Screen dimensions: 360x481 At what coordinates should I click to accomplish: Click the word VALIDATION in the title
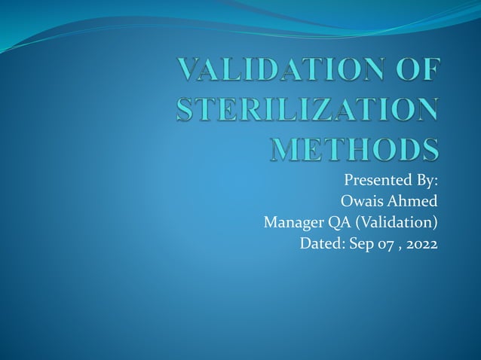pos(281,71)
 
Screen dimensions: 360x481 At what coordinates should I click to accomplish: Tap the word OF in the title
pos(415,71)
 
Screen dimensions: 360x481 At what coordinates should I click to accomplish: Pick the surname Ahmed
pos(414,202)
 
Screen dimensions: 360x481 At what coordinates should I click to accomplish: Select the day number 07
pos(386,244)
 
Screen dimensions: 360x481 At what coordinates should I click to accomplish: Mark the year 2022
pos(422,244)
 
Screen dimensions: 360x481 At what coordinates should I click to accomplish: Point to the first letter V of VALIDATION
pos(188,71)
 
